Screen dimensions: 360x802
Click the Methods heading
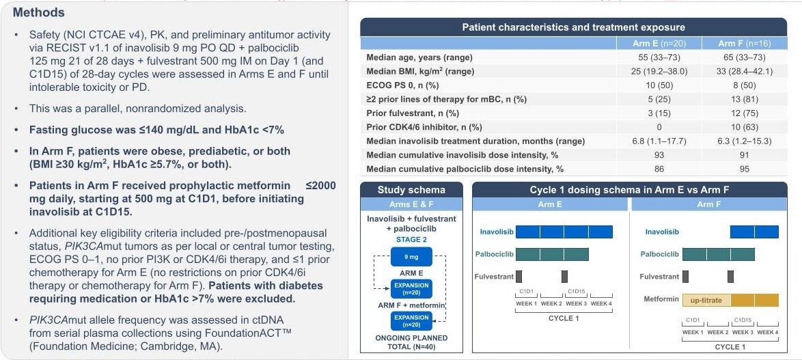coord(39,12)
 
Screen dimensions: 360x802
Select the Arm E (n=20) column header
coord(661,44)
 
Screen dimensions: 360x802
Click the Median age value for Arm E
coord(661,57)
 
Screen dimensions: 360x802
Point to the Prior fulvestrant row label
coord(413,113)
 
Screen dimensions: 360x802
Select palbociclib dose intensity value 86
coord(661,169)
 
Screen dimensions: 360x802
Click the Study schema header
coord(411,190)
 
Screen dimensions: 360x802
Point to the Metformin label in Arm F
coord(661,300)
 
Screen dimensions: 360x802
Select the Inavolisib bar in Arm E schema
coord(564,232)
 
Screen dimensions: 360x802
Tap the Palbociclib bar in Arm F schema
coord(718,254)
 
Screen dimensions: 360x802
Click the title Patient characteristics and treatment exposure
coord(573,27)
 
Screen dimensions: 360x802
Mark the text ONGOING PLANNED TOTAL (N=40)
coord(411,342)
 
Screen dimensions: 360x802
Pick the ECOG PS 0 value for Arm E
coord(661,85)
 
